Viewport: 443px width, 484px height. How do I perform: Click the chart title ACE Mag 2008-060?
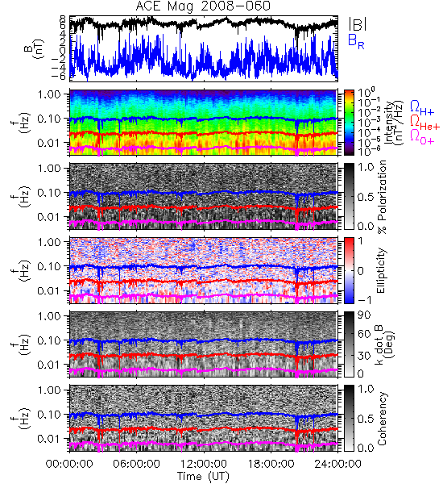[203, 6]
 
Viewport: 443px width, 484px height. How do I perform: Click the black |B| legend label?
[358, 24]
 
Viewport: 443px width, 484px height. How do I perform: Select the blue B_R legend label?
[356, 41]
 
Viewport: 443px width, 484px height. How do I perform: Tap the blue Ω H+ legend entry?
[422, 107]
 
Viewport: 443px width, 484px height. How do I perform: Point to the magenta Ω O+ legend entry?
[422, 136]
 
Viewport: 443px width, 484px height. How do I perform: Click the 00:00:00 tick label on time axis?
[69, 464]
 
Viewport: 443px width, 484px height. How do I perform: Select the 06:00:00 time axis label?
[136, 464]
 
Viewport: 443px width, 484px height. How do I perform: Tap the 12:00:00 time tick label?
[204, 464]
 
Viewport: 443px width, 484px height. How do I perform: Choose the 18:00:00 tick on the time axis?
[271, 464]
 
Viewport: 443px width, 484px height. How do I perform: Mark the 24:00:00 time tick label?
[337, 464]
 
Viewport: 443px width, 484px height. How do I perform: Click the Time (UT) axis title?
[203, 477]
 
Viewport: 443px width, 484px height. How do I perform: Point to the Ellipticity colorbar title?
[381, 270]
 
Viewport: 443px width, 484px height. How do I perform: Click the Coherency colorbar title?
[381, 419]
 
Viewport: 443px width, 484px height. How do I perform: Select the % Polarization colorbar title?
[383, 197]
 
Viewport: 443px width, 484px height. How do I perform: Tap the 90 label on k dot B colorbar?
[364, 315]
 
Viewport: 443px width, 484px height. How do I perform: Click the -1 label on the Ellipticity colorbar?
[364, 300]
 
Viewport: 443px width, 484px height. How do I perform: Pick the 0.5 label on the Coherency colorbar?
[366, 419]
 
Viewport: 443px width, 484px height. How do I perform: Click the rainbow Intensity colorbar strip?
[349, 123]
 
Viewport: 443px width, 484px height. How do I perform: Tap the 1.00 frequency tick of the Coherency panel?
[48, 390]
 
